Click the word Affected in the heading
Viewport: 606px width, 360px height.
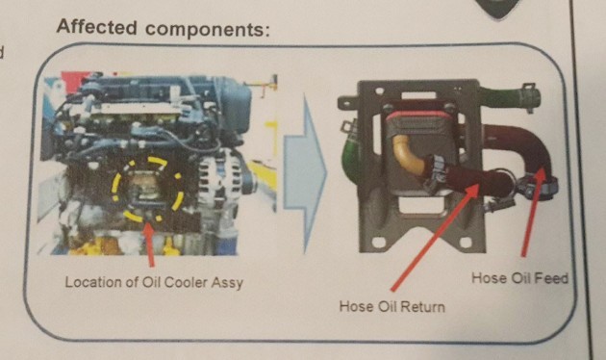[96, 27]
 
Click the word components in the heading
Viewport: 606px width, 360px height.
[208, 30]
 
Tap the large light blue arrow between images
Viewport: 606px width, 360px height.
[306, 173]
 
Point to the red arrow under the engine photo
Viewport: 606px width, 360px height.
[149, 244]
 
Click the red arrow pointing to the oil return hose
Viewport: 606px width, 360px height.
[435, 237]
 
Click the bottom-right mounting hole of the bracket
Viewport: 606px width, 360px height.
[467, 243]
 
